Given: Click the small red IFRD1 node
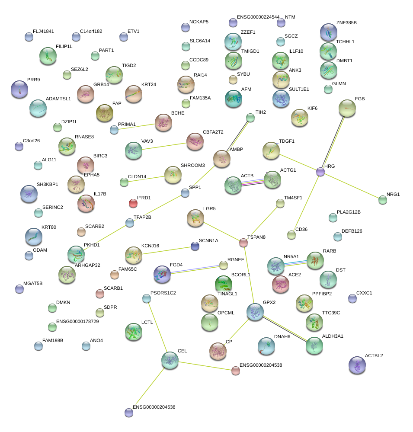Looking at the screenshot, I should click(x=133, y=203).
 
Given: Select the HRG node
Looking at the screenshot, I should click(x=320, y=172).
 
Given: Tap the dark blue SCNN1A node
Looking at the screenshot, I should click(x=195, y=246).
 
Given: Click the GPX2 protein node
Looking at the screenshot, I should click(x=255, y=312).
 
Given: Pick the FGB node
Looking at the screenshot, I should click(x=347, y=108).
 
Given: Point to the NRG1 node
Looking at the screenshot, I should click(x=382, y=200).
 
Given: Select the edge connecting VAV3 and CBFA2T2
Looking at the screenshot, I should click(x=164, y=146).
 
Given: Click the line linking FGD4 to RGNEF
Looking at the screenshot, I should click(x=197, y=269).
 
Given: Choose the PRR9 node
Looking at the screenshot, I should click(x=19, y=89).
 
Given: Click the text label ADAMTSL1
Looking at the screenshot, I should click(x=58, y=99).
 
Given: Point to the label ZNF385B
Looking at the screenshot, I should click(x=346, y=22).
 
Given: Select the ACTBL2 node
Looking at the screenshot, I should click(x=357, y=365).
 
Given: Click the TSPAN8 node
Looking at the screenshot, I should click(x=243, y=243).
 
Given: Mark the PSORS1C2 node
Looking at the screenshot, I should click(x=147, y=298).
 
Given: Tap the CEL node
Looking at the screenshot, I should click(x=170, y=360).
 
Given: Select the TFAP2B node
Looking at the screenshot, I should click(x=130, y=223).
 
